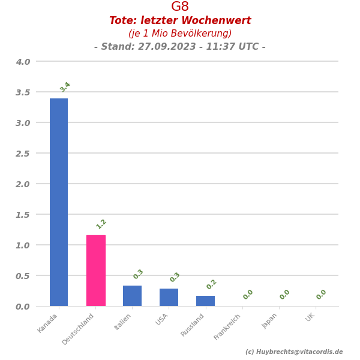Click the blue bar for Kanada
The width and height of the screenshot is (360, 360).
tap(59, 202)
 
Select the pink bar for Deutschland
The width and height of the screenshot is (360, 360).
tap(96, 271)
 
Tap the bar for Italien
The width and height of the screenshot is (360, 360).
tap(133, 296)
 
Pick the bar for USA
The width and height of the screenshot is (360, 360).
tap(169, 298)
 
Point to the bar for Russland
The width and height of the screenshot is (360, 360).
tap(205, 301)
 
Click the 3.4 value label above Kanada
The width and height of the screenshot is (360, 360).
tap(65, 87)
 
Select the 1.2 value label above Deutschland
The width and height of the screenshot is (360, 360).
tap(101, 224)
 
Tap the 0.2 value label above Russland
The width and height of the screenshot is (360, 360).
tap(211, 284)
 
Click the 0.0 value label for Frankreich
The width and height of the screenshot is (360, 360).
tap(248, 295)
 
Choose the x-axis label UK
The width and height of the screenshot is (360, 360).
tap(310, 317)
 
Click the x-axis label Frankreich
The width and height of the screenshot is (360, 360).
tap(228, 327)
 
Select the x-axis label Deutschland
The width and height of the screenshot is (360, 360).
tap(79, 329)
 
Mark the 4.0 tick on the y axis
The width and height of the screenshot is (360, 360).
tap(23, 62)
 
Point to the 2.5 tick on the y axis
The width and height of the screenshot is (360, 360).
tap(23, 154)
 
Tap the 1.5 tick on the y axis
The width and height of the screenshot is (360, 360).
tap(23, 215)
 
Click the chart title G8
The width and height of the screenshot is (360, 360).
tap(180, 7)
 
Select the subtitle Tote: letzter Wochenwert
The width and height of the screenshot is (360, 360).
tap(180, 21)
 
